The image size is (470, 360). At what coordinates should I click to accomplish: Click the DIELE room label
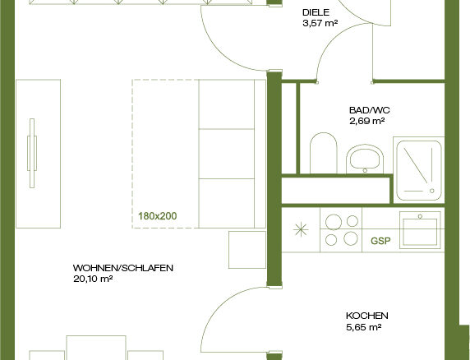(316, 12)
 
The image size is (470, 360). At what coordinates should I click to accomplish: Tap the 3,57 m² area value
(320, 23)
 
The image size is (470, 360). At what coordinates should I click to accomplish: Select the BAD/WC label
(370, 110)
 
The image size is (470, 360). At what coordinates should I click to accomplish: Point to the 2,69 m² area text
(367, 121)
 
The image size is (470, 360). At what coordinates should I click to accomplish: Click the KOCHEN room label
(367, 316)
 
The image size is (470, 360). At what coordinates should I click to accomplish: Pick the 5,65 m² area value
(363, 327)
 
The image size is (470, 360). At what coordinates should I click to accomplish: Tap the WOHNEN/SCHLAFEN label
(123, 268)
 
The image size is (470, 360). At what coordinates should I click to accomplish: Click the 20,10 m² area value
(93, 279)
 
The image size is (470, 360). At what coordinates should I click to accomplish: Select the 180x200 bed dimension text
(158, 216)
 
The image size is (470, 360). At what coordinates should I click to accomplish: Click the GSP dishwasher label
(380, 241)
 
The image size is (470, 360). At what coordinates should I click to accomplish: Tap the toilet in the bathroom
(324, 153)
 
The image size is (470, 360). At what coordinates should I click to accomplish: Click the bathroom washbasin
(365, 159)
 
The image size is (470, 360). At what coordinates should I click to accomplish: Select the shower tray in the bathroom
(419, 171)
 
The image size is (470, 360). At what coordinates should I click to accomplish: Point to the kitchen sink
(420, 230)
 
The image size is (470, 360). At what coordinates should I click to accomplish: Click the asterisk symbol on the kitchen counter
(301, 230)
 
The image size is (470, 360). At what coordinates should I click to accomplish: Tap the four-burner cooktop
(341, 230)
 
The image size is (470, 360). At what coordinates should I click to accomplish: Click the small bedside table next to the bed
(247, 250)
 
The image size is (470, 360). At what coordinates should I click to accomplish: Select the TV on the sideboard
(32, 153)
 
